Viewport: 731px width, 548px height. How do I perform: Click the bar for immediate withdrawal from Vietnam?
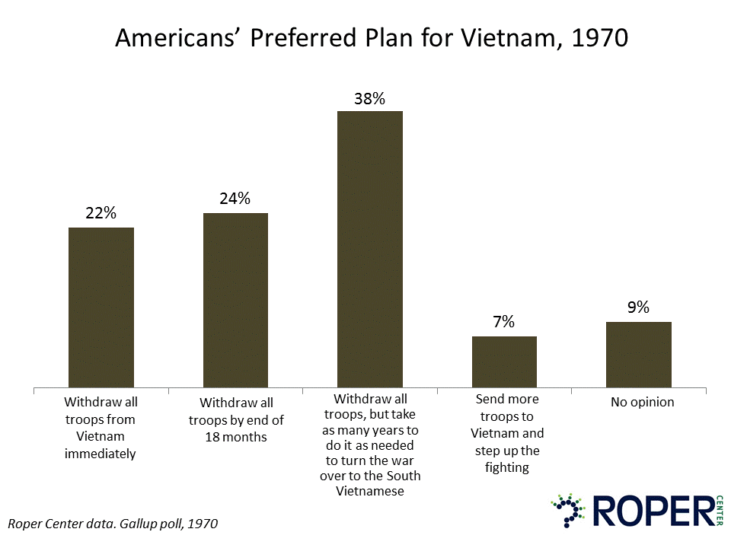coord(101,307)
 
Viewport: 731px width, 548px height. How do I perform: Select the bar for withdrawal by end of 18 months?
coord(235,300)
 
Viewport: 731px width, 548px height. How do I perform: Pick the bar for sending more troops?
coord(504,362)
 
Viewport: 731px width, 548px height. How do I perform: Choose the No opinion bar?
coord(639,355)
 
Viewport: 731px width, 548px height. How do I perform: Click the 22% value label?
coord(101,214)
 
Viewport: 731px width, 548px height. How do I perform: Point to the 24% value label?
coord(235,199)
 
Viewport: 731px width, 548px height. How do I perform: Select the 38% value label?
coord(369,98)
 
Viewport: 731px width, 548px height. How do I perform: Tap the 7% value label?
coord(504,322)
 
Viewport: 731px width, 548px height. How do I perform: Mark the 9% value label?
coord(638,307)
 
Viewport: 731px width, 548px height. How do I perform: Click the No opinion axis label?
coord(642,402)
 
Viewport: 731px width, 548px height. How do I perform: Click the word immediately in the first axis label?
coord(101,454)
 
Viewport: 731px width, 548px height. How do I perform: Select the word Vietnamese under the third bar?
coord(369,491)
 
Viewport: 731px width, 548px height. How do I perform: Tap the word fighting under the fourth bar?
coord(506,467)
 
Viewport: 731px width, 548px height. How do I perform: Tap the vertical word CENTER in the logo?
coord(719,510)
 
